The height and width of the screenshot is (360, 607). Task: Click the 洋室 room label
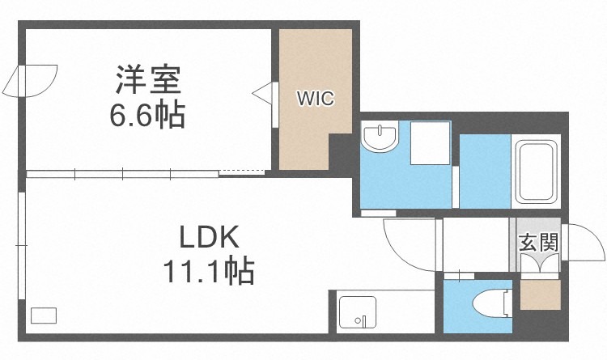click(x=148, y=83)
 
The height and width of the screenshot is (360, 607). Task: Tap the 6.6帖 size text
click(x=148, y=116)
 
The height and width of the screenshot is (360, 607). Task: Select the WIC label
click(x=315, y=98)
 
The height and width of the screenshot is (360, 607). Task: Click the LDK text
click(x=209, y=238)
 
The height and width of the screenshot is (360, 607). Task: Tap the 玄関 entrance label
click(x=537, y=241)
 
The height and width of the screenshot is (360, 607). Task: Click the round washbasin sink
click(x=379, y=139)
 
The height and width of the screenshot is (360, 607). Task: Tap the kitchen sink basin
click(x=356, y=312)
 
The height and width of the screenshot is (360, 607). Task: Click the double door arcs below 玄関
click(x=537, y=265)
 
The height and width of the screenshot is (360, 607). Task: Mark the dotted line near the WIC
click(x=241, y=171)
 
